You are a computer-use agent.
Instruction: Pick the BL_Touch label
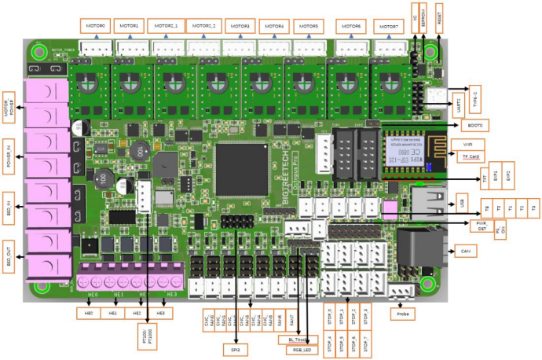tap(292, 340)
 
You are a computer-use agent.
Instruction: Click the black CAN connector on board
tap(413, 250)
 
